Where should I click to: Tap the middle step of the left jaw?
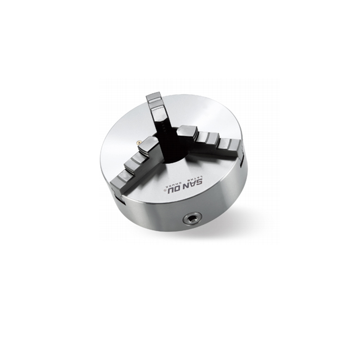point(135,162)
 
